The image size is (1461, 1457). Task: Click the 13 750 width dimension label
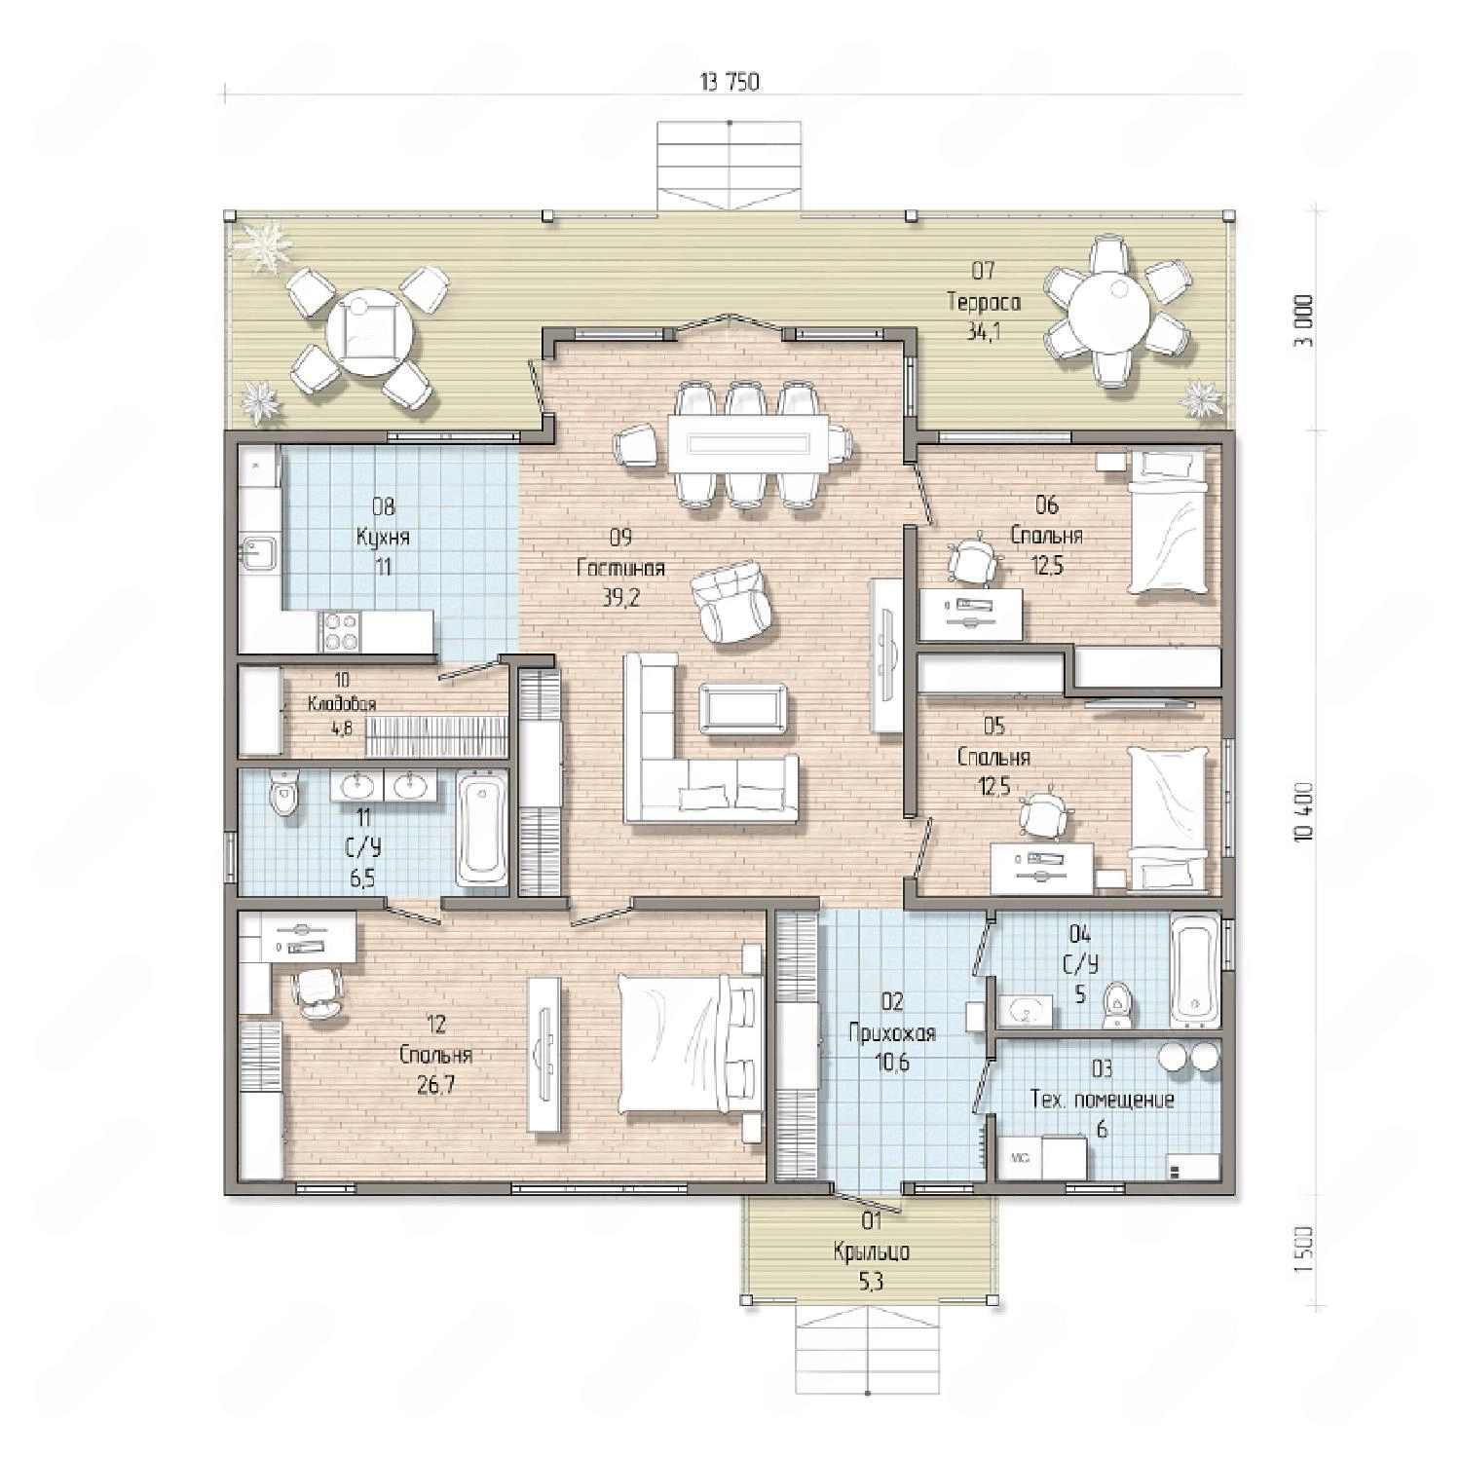coord(729,82)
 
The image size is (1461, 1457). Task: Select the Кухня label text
coord(383,538)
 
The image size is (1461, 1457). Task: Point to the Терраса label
coord(984,302)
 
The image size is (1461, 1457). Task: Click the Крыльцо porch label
coord(872,1252)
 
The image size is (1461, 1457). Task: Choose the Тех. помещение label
coord(1103,1100)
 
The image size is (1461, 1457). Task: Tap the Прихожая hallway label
coord(892,1032)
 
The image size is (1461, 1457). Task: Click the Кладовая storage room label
coord(342,704)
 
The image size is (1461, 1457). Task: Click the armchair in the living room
coord(730,603)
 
